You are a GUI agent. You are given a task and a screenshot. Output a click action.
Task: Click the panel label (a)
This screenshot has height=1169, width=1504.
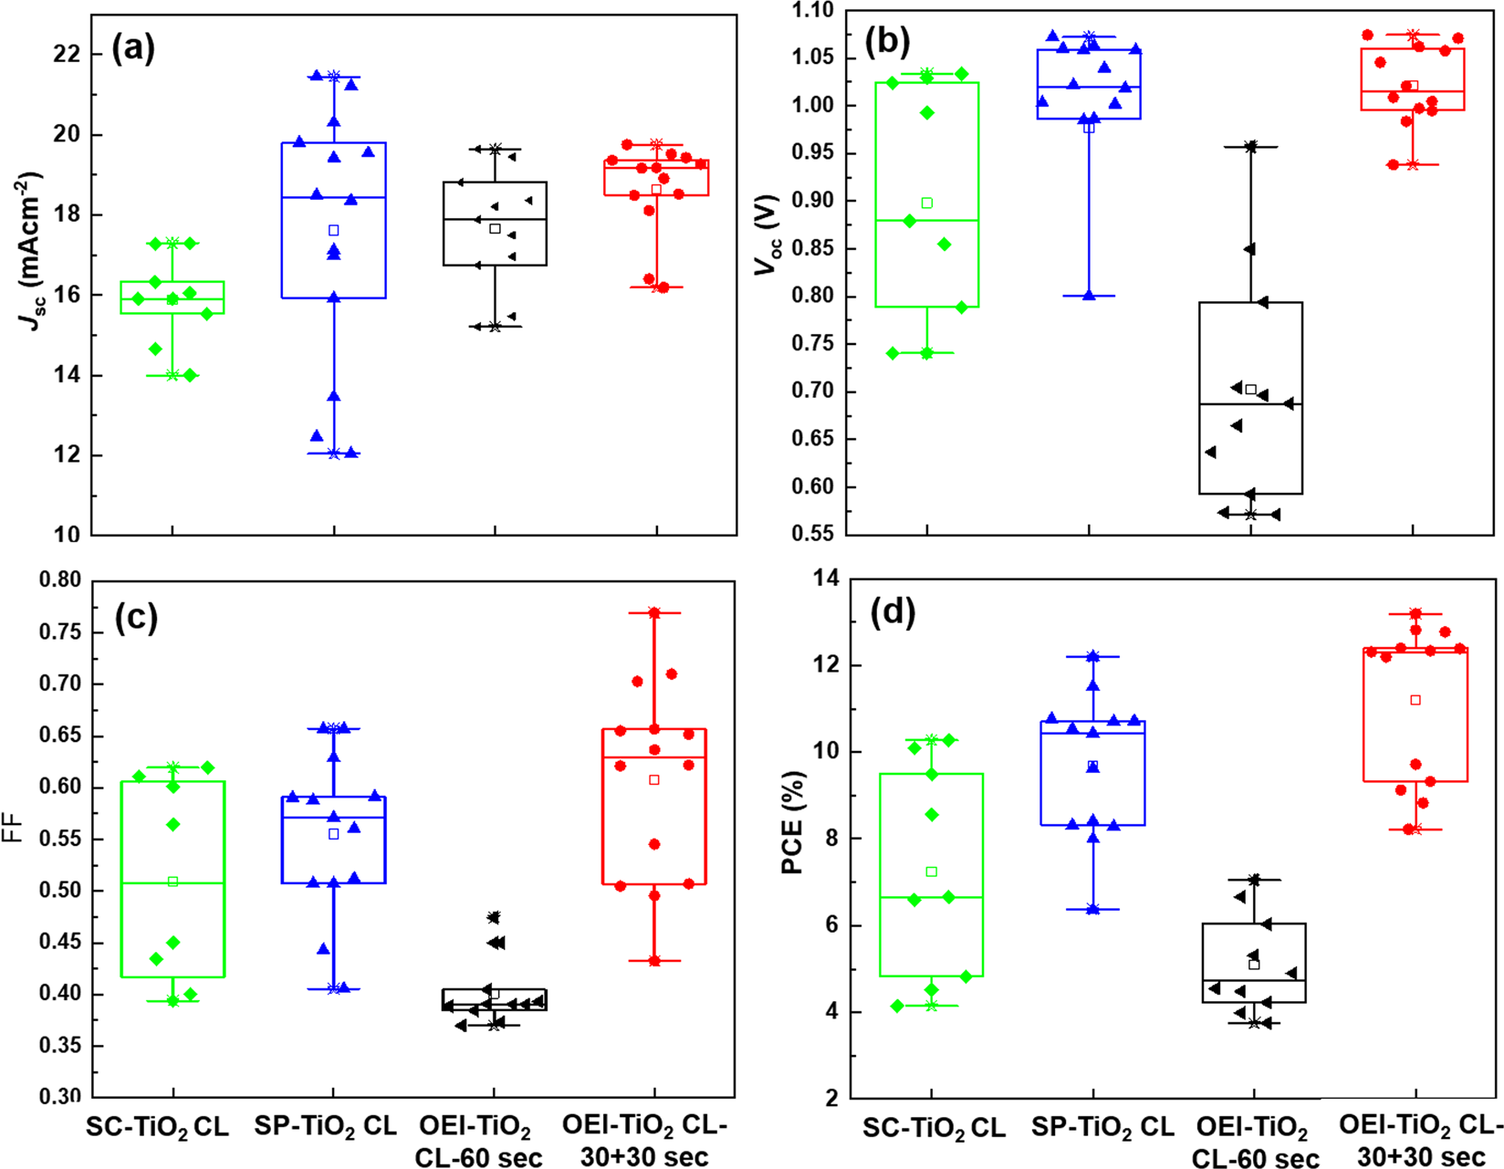133,47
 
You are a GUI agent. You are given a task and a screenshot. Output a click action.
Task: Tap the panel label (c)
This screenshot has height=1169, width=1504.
136,617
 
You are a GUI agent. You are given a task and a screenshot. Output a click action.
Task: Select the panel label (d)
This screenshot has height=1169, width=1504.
893,612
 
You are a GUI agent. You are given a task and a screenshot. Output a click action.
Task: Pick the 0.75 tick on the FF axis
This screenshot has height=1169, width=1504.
60,631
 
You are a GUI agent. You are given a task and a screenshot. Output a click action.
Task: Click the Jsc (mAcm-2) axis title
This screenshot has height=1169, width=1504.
30,250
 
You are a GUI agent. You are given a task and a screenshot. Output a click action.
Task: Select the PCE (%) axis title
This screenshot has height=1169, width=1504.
792,822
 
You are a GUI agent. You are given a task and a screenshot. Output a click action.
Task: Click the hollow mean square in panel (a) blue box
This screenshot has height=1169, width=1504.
334,231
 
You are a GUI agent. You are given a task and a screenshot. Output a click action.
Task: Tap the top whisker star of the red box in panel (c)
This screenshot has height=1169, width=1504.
654,613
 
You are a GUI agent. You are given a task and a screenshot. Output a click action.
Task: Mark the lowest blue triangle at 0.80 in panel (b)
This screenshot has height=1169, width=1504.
1089,295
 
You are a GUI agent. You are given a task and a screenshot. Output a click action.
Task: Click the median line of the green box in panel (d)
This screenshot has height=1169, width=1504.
931,897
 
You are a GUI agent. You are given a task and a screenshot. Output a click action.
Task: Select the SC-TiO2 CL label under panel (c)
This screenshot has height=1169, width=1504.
157,1127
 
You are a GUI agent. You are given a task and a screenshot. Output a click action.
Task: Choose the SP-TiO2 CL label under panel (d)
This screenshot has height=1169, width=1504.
1102,1128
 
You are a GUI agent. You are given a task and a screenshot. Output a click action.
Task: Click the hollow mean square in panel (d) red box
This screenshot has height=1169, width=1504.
1415,700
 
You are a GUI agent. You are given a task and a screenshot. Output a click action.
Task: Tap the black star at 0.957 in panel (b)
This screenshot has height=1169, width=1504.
1250,146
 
